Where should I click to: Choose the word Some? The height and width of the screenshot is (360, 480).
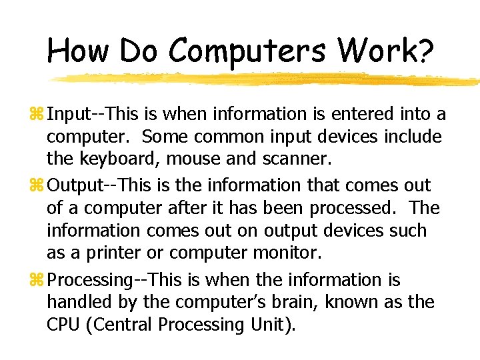coord(164,137)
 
